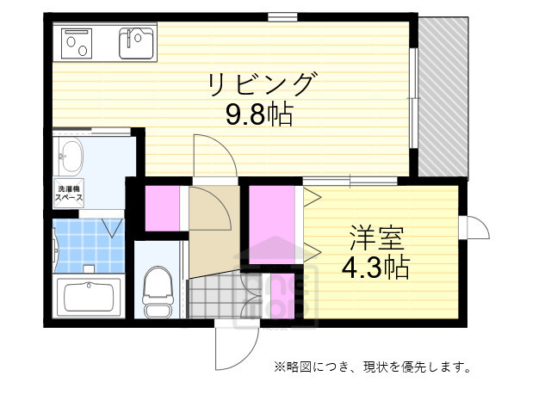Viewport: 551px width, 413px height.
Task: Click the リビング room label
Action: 262,85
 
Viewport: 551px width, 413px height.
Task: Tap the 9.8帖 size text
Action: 259,114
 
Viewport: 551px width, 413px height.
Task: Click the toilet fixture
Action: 157,293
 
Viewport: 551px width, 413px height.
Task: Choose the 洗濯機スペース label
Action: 69,192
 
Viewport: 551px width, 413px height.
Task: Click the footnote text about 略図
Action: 372,367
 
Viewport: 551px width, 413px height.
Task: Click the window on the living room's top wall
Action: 282,15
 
